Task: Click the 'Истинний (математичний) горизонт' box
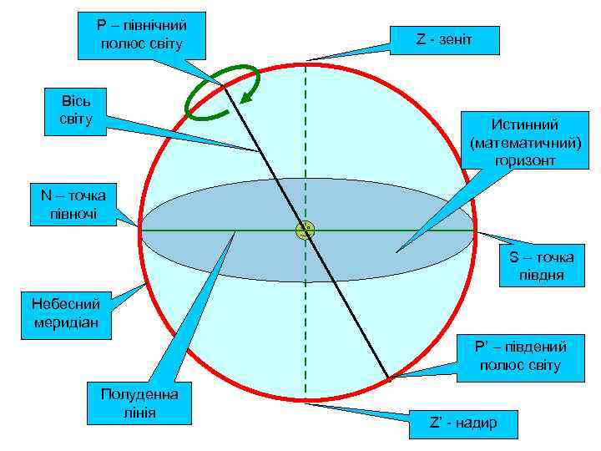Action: click(x=523, y=142)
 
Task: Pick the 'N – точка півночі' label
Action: click(x=73, y=205)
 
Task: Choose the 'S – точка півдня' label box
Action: click(x=542, y=266)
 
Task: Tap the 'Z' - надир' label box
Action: click(x=462, y=423)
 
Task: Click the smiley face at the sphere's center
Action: click(x=306, y=231)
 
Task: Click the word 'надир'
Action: click(x=473, y=423)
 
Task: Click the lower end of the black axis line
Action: click(x=388, y=377)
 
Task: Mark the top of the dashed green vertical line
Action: click(x=306, y=63)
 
